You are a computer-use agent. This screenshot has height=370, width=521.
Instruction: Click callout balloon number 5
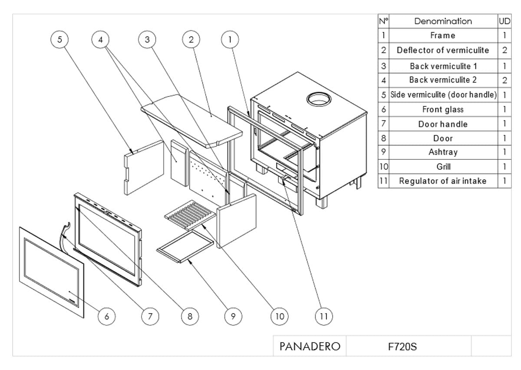click(60, 40)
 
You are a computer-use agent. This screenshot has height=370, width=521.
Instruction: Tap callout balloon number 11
click(323, 316)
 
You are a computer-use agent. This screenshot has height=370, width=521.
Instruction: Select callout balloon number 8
click(190, 316)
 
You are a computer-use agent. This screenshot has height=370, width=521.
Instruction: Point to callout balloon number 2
click(191, 40)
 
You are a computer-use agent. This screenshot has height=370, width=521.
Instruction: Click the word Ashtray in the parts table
click(443, 152)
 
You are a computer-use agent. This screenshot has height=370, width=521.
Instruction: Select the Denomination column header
click(443, 21)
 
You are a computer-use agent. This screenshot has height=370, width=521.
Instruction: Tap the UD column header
click(505, 21)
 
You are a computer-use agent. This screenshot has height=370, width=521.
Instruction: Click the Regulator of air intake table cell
click(443, 181)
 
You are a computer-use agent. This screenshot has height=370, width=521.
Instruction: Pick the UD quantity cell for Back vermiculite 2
click(505, 80)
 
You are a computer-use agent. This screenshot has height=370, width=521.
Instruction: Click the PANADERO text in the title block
click(310, 347)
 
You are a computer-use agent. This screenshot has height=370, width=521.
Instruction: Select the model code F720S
click(402, 347)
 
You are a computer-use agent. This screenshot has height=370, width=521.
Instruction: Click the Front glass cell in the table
click(443, 109)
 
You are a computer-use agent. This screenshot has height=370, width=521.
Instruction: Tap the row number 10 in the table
click(383, 166)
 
